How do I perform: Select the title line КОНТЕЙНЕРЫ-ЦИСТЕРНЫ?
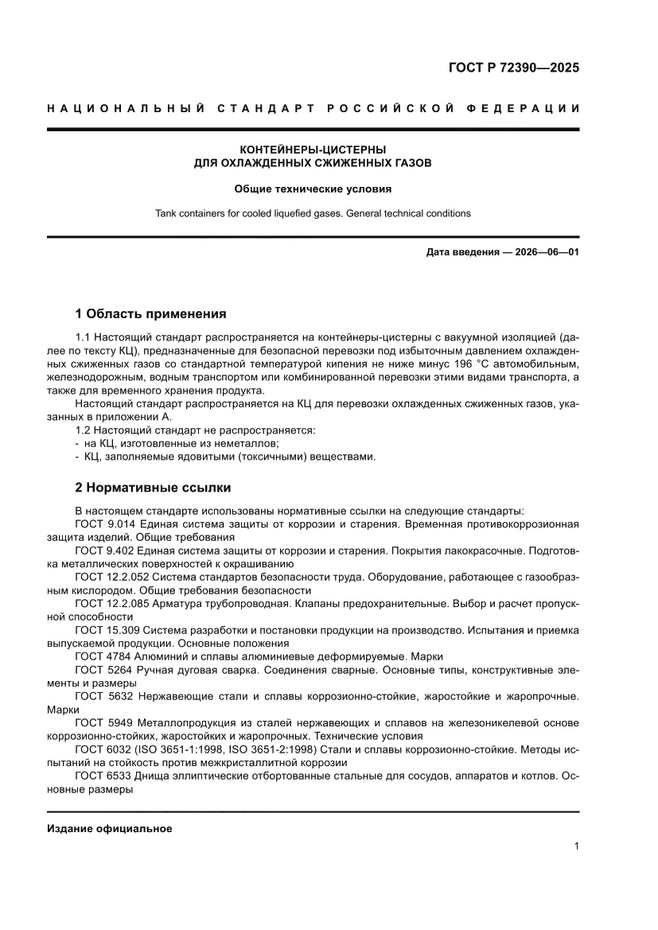[313, 149]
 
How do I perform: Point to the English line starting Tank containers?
[313, 213]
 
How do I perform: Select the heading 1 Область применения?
[150, 313]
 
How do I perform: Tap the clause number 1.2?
[84, 430]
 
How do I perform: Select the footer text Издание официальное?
[110, 828]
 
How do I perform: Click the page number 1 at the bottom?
[575, 846]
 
